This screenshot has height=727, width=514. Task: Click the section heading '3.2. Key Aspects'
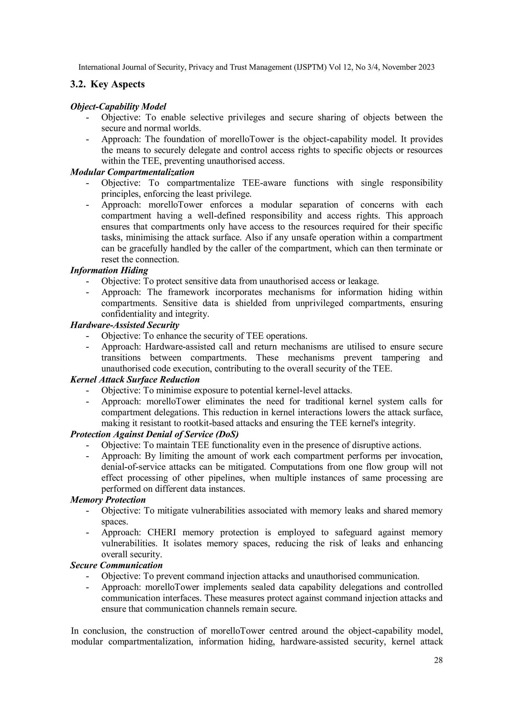point(108,84)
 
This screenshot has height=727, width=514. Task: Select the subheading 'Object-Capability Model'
point(118,107)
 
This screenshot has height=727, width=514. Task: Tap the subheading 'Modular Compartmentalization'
point(132,172)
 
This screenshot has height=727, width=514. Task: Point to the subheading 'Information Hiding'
point(109,270)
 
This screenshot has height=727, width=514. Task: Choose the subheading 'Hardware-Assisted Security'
point(124,325)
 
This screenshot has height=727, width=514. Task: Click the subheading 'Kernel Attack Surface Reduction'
point(135,380)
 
